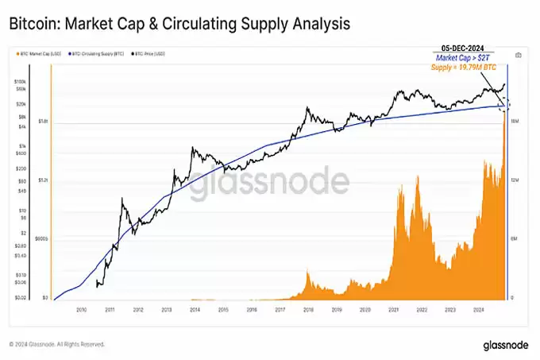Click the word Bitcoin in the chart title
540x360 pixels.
pyautogui.click(x=33, y=24)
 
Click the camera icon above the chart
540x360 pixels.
pyautogui.click(x=519, y=55)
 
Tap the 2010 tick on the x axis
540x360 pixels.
pyautogui.click(x=81, y=310)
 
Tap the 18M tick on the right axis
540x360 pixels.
pyautogui.click(x=515, y=121)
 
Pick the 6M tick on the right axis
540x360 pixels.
pyautogui.click(x=515, y=238)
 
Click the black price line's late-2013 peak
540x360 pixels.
pyautogui.click(x=194, y=148)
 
